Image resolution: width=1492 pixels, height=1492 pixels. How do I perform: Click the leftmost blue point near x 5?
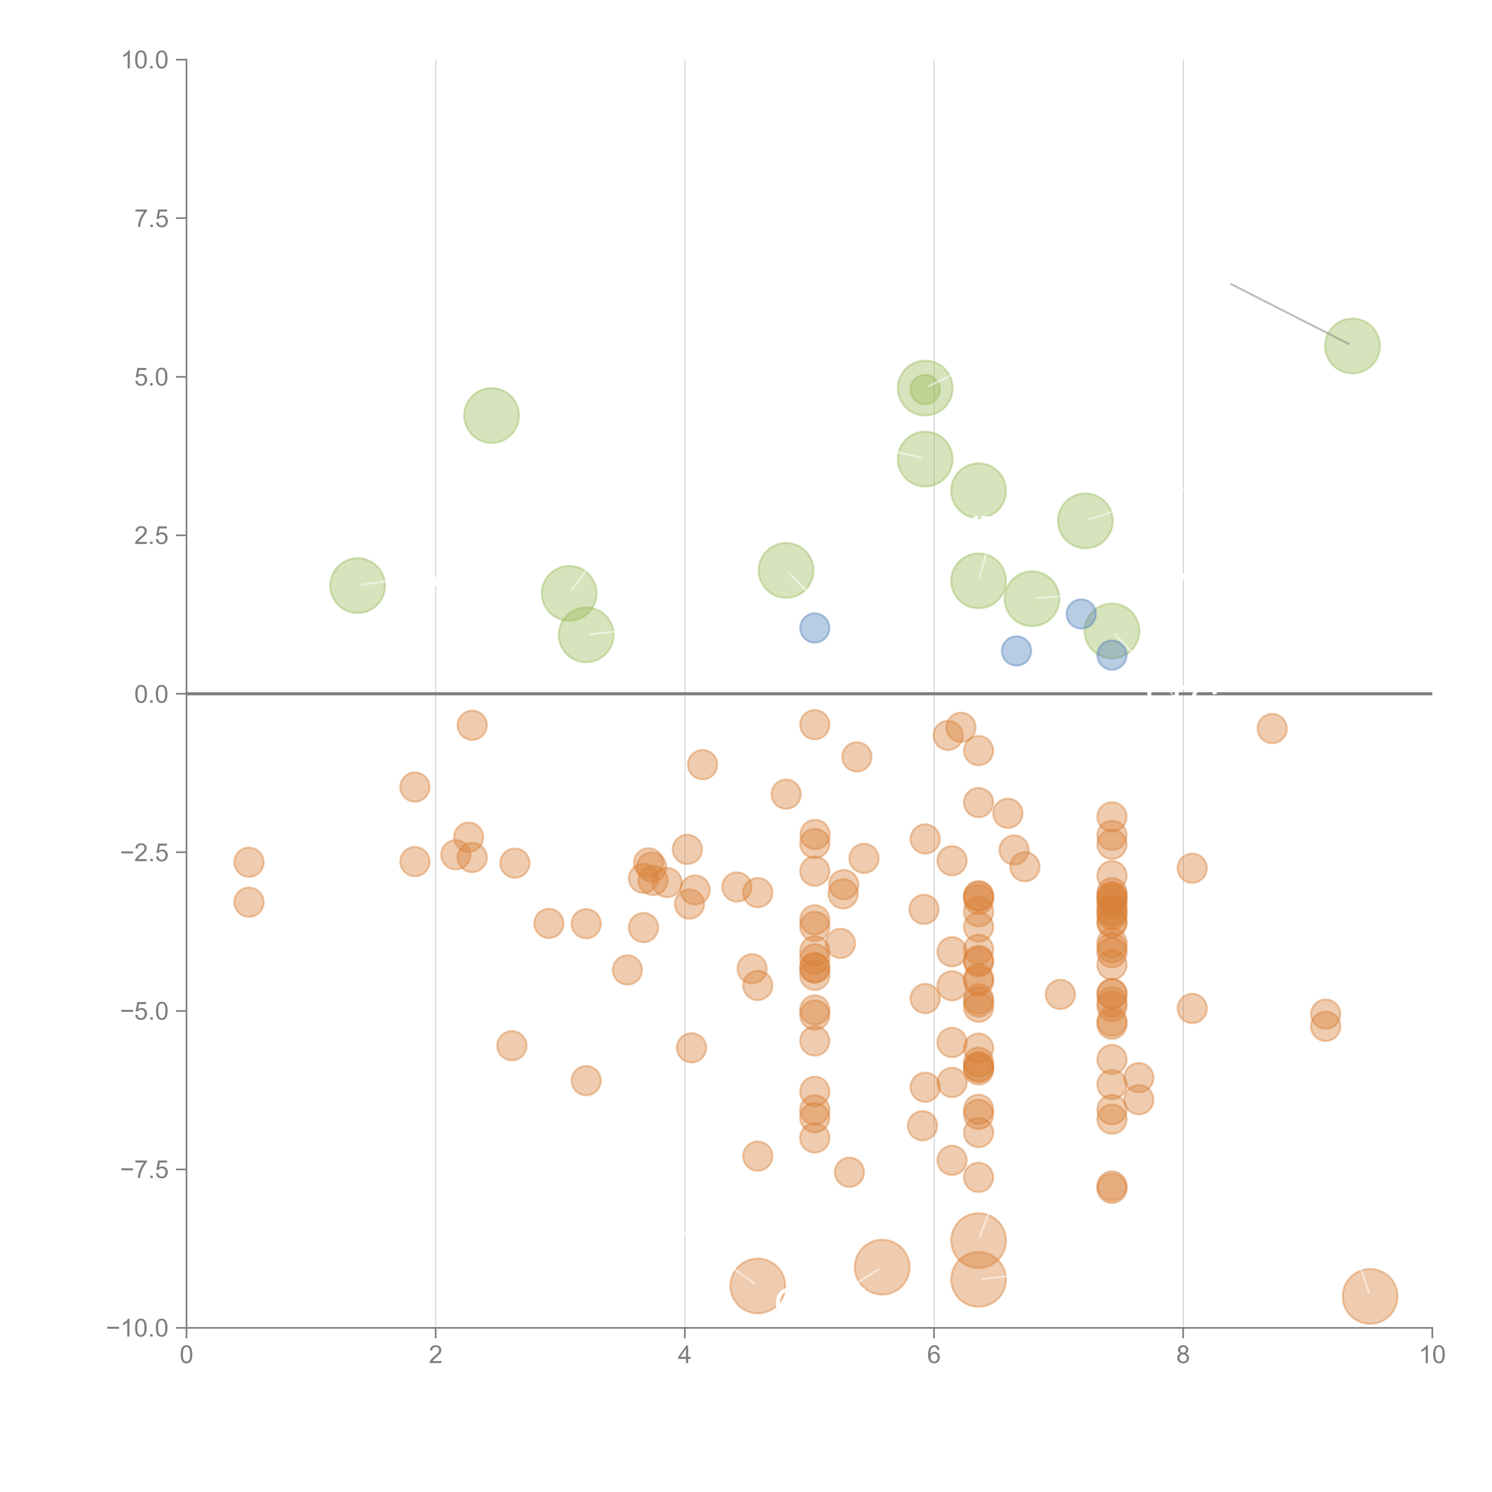[x=814, y=628]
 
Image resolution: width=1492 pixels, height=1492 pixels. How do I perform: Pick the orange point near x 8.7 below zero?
[x=1271, y=728]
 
